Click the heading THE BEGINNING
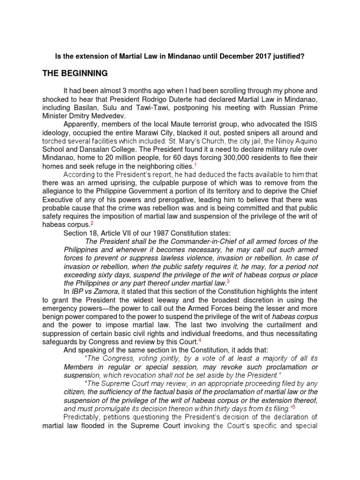[75, 74]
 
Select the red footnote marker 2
[92, 224]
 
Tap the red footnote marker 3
[228, 282]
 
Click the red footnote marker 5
[293, 406]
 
